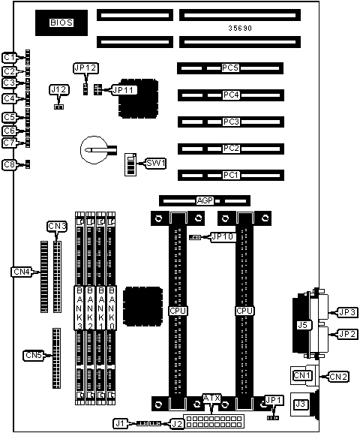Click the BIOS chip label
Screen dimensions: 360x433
tap(61, 23)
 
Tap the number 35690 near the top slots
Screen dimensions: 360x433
tap(240, 29)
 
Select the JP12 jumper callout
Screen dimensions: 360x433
tap(85, 68)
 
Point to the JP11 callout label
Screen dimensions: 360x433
tap(124, 90)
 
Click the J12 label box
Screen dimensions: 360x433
tap(59, 90)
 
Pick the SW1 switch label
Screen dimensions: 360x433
tap(156, 163)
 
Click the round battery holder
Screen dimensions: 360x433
tap(94, 150)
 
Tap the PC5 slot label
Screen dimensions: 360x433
tap(230, 68)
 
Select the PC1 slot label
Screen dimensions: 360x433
tap(230, 175)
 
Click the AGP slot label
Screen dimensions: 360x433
tap(205, 200)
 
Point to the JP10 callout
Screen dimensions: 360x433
tap(223, 237)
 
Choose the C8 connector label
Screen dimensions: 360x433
tap(10, 164)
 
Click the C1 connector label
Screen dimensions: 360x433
tap(10, 58)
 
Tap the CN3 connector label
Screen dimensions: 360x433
tap(57, 226)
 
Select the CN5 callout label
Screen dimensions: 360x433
tap(34, 355)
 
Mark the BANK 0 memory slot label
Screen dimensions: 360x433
tap(112, 308)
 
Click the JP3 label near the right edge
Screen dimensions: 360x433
tap(347, 312)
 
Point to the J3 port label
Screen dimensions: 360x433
tap(300, 404)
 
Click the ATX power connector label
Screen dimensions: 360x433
tap(211, 398)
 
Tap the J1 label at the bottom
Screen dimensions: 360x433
tap(120, 423)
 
